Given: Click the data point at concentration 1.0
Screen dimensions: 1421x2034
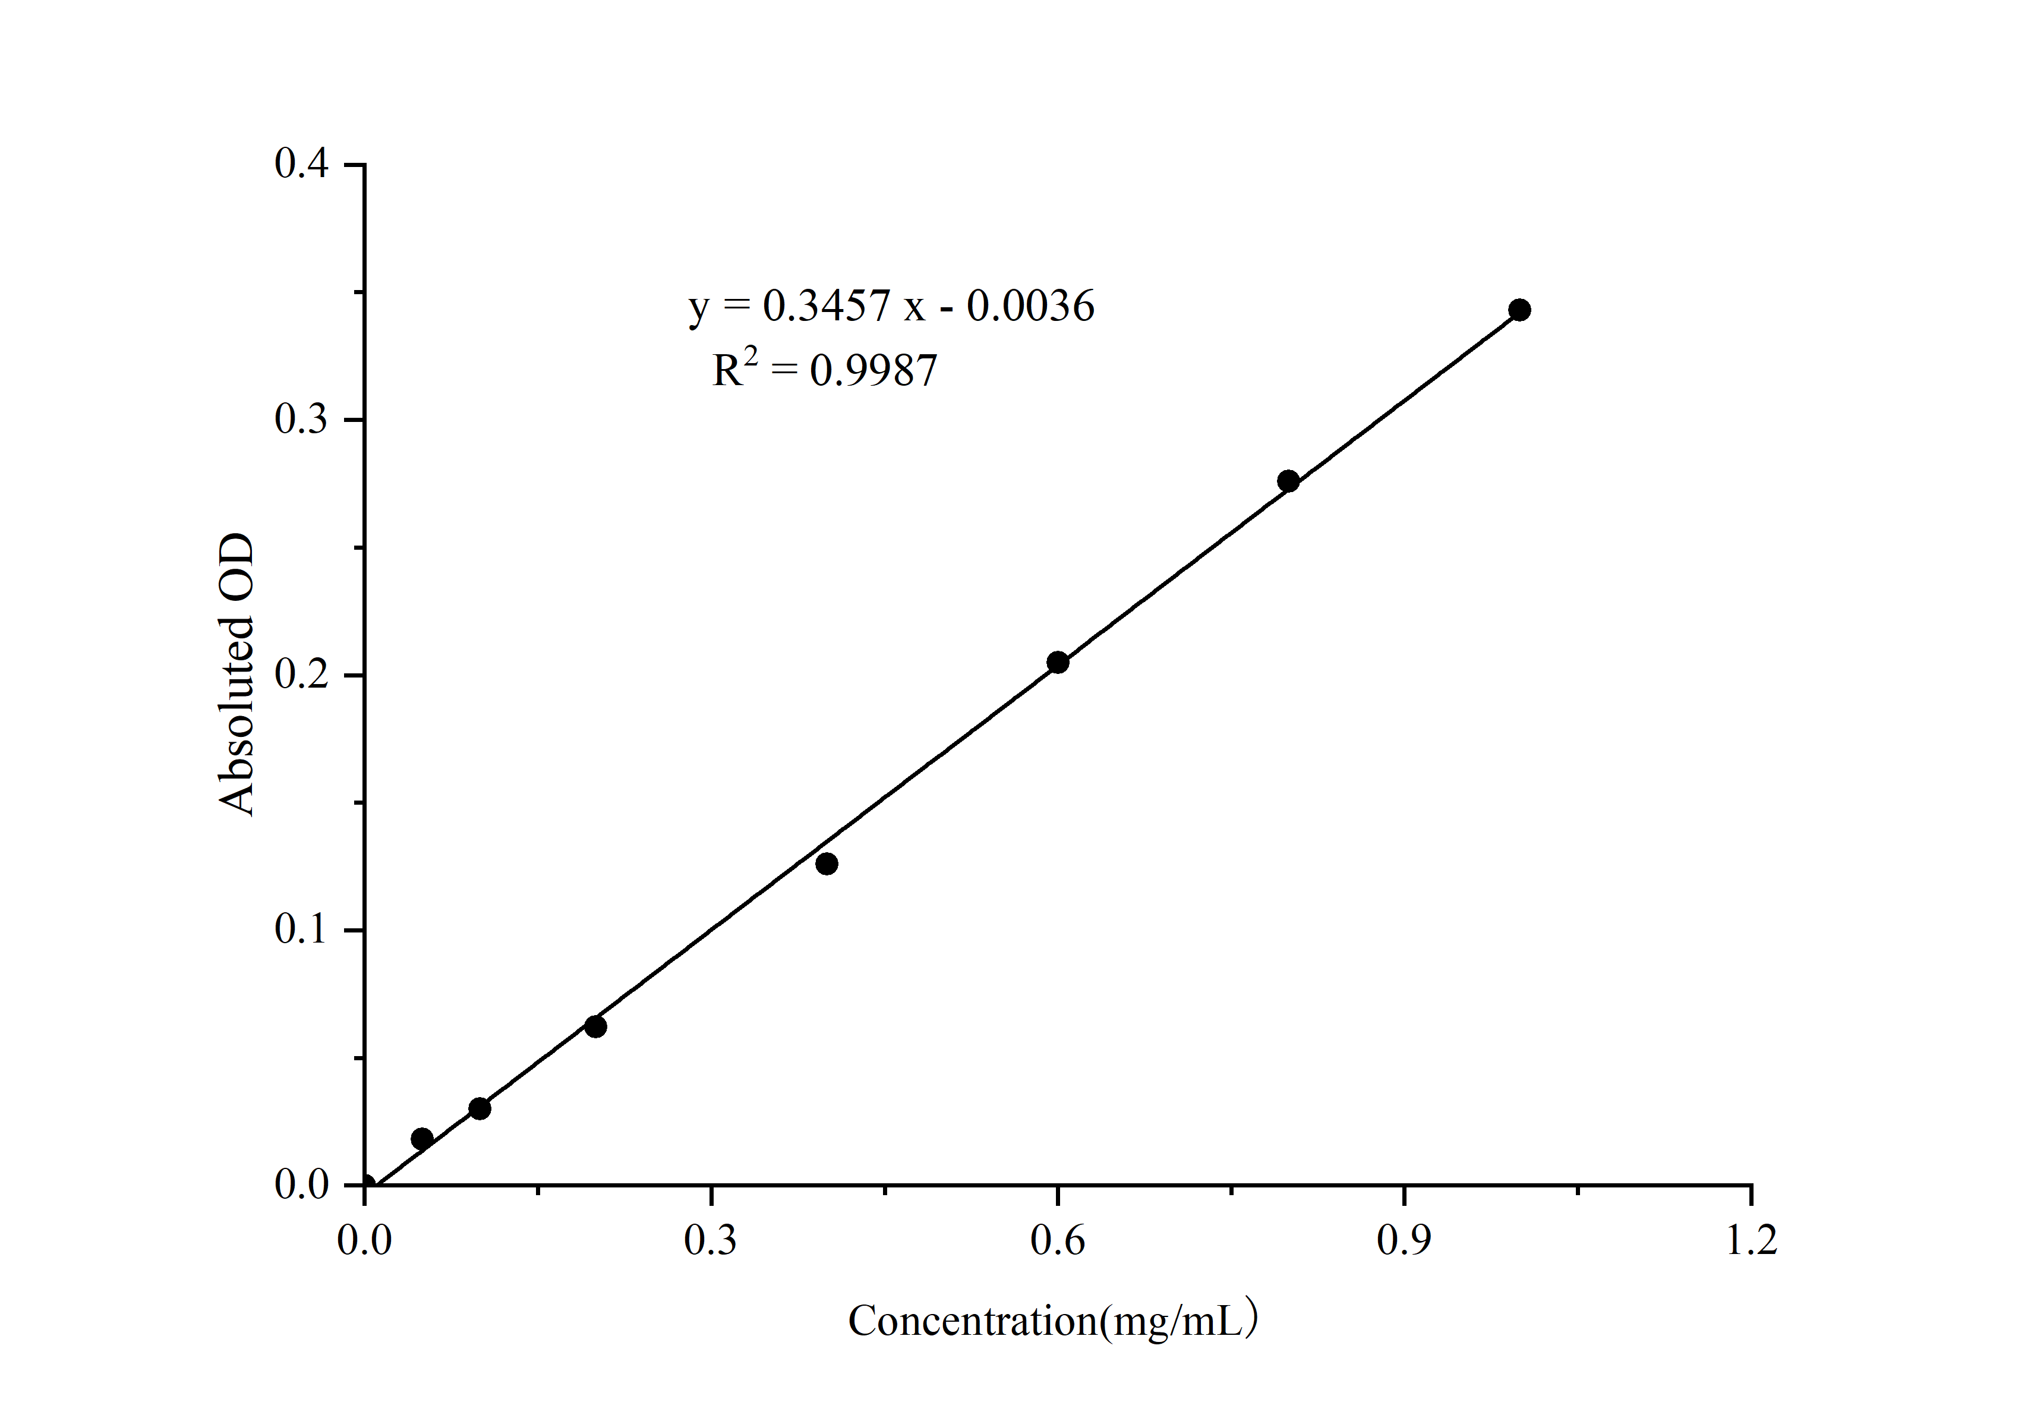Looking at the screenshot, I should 1519,310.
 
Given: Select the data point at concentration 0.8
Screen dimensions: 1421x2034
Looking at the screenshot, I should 1288,481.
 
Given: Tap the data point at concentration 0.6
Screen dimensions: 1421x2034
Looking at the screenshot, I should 1057,662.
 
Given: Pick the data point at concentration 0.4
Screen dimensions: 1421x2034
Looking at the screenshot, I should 827,864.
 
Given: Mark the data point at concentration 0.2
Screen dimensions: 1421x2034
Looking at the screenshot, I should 595,1027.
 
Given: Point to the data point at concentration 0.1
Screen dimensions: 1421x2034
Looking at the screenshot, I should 480,1108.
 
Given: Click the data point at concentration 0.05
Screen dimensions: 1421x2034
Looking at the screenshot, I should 422,1138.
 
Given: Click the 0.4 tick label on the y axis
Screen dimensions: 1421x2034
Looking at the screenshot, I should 301,164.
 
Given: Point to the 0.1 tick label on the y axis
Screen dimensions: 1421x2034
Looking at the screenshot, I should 301,930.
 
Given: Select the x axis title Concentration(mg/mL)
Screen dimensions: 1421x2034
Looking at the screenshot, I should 1052,1321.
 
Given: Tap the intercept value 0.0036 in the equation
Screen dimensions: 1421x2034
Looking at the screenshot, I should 1030,307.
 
